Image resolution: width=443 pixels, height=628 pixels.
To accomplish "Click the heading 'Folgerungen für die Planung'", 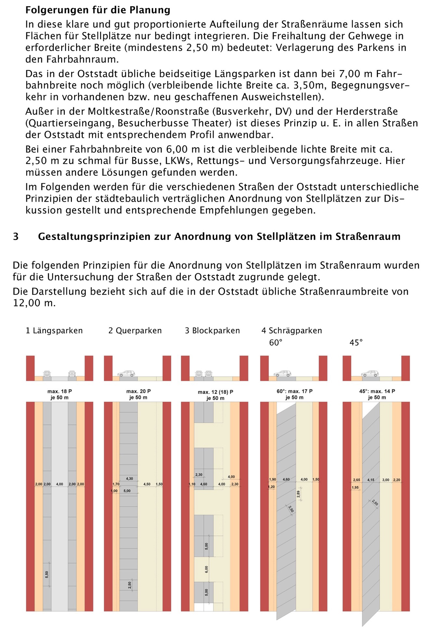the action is pyautogui.click(x=98, y=10).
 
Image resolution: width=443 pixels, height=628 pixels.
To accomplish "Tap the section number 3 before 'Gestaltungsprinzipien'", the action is pyautogui.click(x=16, y=236).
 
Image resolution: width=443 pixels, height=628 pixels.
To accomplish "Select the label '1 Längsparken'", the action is pyautogui.click(x=54, y=331).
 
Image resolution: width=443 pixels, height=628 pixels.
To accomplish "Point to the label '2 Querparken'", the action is pyautogui.click(x=135, y=331).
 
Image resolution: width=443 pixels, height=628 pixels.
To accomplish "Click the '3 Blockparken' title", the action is pyautogui.click(x=212, y=331).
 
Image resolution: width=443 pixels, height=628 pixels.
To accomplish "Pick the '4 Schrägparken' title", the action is pyautogui.click(x=292, y=331).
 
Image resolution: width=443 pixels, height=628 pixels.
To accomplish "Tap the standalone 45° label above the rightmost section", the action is pyautogui.click(x=356, y=342).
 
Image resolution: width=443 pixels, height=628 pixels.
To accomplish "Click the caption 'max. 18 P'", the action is pyautogui.click(x=60, y=391).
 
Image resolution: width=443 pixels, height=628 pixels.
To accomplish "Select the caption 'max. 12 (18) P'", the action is pyautogui.click(x=215, y=392).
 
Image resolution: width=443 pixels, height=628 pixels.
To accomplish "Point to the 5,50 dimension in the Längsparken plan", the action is pyautogui.click(x=47, y=574).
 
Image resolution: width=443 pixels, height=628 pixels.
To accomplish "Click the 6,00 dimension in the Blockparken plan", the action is pyautogui.click(x=207, y=569).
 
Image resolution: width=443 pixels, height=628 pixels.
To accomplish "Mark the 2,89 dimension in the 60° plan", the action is pyautogui.click(x=299, y=494).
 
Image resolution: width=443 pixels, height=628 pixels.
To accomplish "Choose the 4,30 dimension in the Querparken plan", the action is pyautogui.click(x=129, y=479).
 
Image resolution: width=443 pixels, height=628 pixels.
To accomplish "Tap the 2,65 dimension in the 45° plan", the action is pyautogui.click(x=357, y=480).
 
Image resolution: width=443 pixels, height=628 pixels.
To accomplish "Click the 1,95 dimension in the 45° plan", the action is pyautogui.click(x=355, y=487).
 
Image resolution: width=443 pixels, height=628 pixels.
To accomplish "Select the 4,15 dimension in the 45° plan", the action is pyautogui.click(x=371, y=480).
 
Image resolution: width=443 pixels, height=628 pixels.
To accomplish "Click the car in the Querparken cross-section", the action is pyautogui.click(x=126, y=373).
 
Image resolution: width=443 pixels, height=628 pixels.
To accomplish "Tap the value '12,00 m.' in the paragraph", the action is pyautogui.click(x=34, y=303).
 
